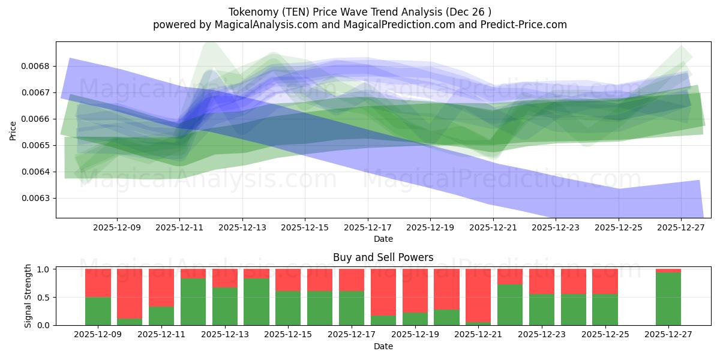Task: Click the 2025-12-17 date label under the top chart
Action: coord(367,228)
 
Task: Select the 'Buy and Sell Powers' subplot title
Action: coord(383,257)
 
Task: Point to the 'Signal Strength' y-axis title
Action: coord(28,296)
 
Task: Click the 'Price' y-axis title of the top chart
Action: coord(13,130)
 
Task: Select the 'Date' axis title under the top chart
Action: coord(383,239)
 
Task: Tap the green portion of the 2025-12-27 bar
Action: coord(668,299)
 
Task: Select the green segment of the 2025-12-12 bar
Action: coord(193,302)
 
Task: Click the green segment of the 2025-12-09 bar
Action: coord(98,311)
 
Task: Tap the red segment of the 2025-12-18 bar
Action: coord(383,292)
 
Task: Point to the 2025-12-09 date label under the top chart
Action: coord(116,228)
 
